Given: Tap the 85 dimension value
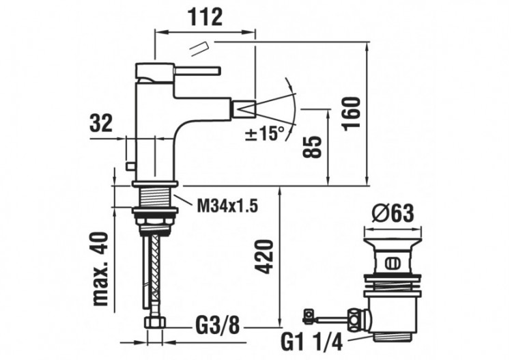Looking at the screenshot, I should tap(312, 146).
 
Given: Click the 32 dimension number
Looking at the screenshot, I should tap(101, 124).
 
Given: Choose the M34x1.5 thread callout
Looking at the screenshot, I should tap(228, 204).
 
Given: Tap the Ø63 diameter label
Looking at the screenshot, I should tap(394, 214).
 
